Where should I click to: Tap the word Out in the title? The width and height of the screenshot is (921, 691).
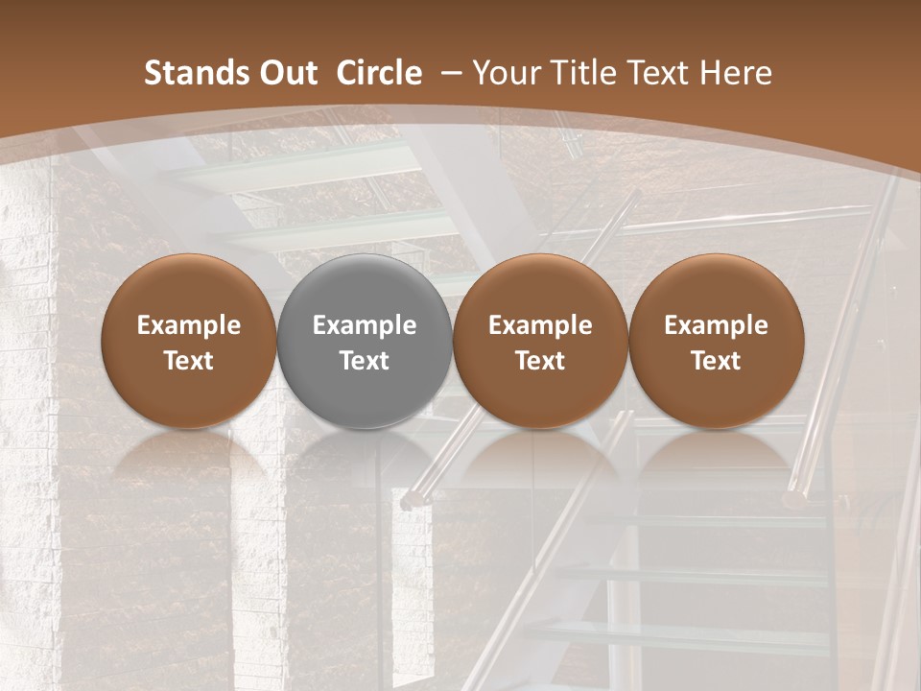tap(286, 73)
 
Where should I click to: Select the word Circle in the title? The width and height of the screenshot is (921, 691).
tap(379, 73)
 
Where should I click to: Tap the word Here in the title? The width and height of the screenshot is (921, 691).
tap(737, 73)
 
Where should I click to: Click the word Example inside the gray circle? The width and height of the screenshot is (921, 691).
tap(365, 325)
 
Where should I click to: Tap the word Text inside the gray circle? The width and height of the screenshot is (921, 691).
tap(365, 361)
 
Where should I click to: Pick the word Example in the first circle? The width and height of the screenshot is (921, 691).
tap(188, 325)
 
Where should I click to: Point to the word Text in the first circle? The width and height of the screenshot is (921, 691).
tap(188, 361)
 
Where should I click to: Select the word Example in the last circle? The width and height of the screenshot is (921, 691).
tap(717, 325)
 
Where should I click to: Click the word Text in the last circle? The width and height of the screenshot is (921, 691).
tap(717, 361)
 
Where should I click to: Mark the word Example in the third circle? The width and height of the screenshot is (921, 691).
tap(540, 325)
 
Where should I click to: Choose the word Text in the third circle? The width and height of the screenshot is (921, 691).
tap(540, 361)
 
